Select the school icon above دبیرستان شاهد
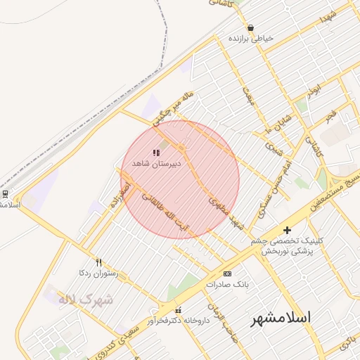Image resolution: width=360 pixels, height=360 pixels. click(x=156, y=152)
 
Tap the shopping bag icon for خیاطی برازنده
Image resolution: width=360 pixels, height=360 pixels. click(x=250, y=27)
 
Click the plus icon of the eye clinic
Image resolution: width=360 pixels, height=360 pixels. click(x=287, y=230)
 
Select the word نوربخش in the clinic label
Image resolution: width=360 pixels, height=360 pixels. click(x=277, y=251)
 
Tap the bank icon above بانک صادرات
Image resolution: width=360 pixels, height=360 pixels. click(x=227, y=273)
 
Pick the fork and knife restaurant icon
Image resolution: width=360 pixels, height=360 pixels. click(x=98, y=262)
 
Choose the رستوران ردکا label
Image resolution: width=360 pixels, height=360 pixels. click(x=98, y=272)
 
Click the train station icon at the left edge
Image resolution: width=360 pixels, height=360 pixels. click(x=5, y=193)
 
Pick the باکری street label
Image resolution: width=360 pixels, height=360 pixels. click(x=347, y=345)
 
